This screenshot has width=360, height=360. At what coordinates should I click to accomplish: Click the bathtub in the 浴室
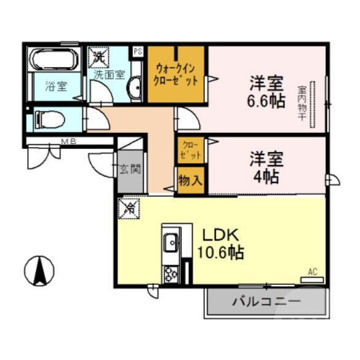tap(55, 60)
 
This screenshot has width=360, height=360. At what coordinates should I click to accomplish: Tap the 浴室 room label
tap(56, 87)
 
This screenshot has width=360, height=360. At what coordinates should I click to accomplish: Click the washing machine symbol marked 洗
tap(99, 58)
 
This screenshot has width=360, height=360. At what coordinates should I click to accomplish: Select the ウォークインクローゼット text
tap(177, 74)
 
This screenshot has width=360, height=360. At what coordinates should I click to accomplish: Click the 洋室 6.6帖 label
tap(266, 92)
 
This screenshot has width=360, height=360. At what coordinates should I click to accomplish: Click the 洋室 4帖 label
tap(266, 167)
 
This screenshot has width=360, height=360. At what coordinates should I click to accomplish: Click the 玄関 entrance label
tap(130, 169)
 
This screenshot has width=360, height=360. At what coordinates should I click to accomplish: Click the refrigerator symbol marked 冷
tap(130, 209)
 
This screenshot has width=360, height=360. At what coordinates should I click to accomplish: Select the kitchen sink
tap(170, 244)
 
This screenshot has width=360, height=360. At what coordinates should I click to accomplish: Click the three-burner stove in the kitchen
tap(170, 273)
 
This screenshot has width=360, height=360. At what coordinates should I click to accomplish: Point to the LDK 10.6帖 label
tap(220, 244)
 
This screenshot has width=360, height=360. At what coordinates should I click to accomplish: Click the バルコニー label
tap(266, 302)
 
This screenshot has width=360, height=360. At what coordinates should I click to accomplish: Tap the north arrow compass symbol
tap(39, 270)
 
